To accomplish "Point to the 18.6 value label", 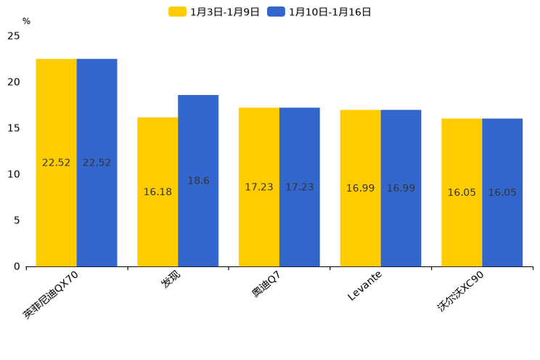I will click(198, 181).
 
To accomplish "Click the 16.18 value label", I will click(157, 192).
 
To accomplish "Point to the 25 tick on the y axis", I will click(13, 36).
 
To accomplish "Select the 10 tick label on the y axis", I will click(13, 174).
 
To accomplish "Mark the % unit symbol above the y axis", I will click(26, 22).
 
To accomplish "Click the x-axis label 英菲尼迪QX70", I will click(56, 295).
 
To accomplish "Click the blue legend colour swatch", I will click(276, 12).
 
